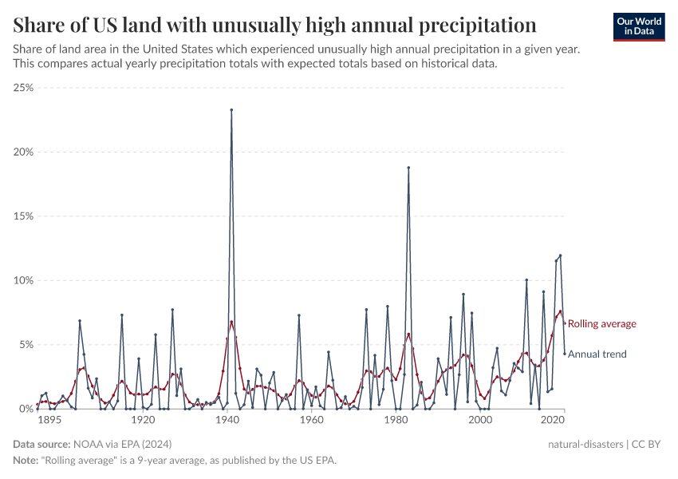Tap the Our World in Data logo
click(x=638, y=26)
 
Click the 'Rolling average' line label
click(x=601, y=324)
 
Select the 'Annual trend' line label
click(x=597, y=354)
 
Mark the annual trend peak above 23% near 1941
click(x=231, y=110)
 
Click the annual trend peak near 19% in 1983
click(x=408, y=168)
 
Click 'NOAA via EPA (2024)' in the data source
click(x=122, y=444)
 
